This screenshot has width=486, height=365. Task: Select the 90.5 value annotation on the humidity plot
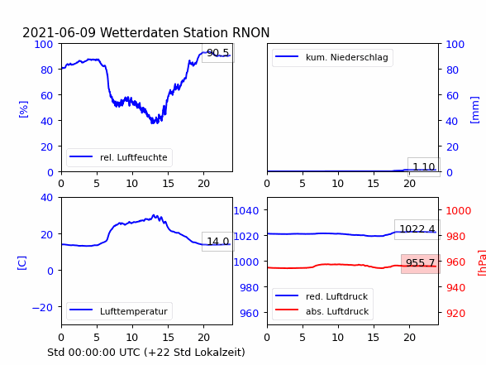218,53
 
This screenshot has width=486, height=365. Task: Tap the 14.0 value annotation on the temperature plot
218,242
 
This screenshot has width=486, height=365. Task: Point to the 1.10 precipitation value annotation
424,167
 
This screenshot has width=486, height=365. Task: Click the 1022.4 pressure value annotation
417,229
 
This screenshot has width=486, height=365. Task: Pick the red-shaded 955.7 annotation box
421,263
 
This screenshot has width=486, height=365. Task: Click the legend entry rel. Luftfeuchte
119,157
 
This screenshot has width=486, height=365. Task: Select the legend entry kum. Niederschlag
332,57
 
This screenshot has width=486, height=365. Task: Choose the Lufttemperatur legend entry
119,311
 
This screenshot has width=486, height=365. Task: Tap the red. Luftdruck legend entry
322,296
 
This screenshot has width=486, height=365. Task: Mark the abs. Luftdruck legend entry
322,311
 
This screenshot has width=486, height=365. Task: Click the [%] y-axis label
23,109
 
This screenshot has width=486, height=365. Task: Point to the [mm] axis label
474,110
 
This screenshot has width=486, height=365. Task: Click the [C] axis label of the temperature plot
22,263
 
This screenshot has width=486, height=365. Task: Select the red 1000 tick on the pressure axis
459,211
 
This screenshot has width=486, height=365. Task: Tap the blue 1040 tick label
246,211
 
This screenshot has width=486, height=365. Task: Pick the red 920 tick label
455,313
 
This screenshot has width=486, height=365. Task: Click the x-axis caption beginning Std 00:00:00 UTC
146,353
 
